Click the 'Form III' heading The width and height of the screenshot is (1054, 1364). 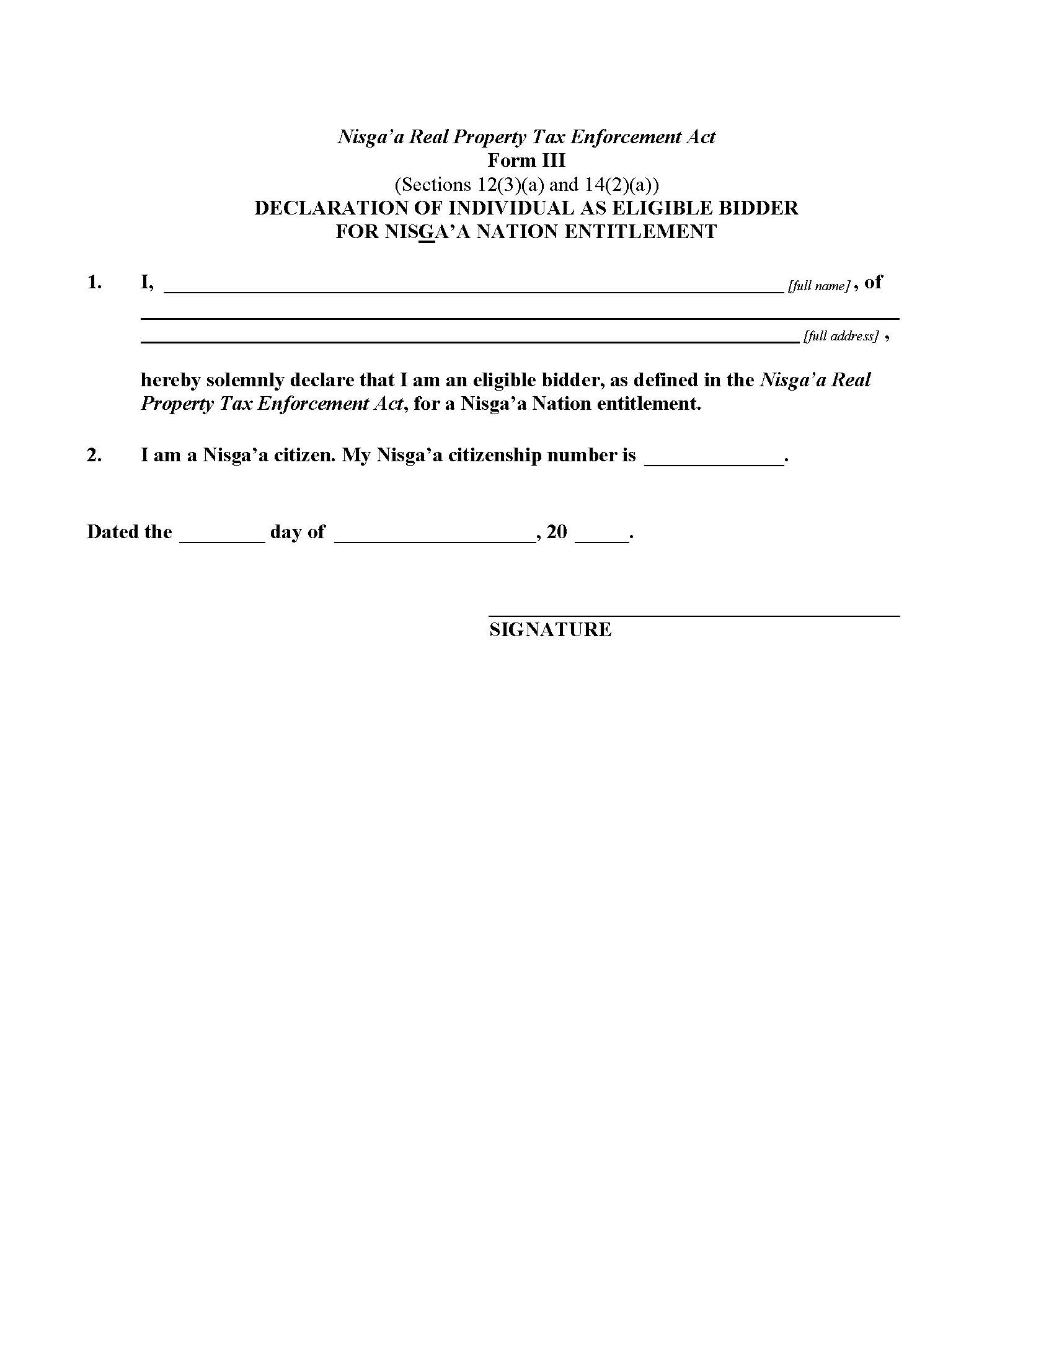[526, 161]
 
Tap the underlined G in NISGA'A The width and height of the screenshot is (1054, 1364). [427, 232]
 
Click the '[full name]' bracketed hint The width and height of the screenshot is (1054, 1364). [818, 286]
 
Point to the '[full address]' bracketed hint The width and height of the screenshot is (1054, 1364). [841, 336]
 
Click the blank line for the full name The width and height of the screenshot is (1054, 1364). [473, 288]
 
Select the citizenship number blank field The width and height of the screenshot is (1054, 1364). [714, 462]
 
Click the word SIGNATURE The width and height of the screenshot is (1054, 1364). [550, 629]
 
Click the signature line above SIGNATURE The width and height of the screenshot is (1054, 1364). [694, 616]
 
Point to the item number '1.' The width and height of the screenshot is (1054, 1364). [94, 282]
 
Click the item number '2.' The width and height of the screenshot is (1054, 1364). [94, 455]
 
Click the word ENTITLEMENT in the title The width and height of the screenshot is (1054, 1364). [640, 232]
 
